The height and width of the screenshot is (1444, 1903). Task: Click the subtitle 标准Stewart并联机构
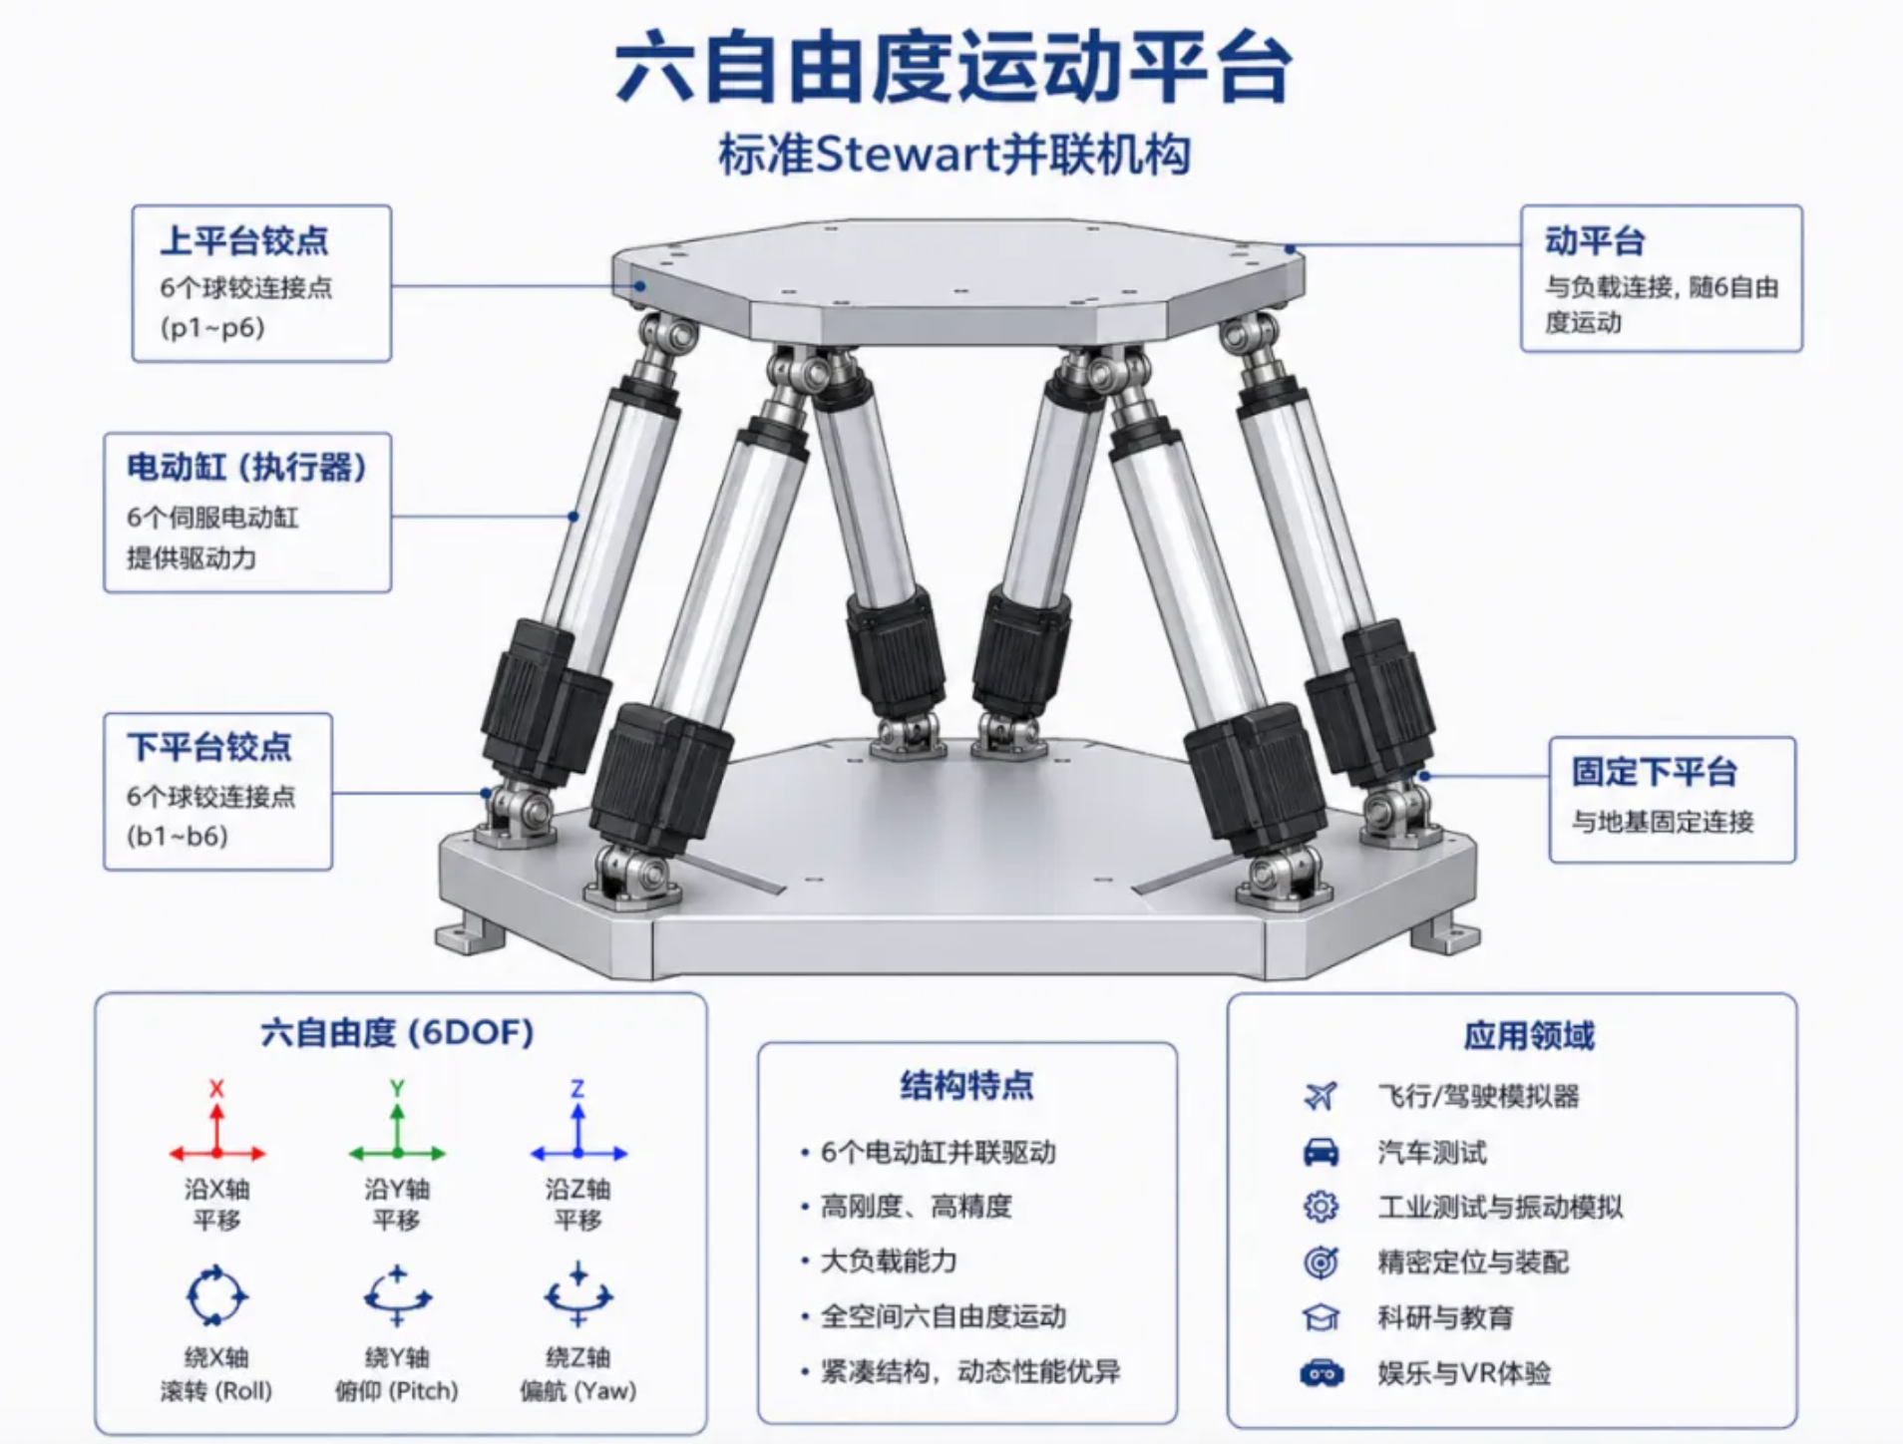[x=954, y=156]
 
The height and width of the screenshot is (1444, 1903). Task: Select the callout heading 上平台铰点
[x=244, y=240]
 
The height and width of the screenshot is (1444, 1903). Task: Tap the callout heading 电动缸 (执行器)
[x=246, y=467]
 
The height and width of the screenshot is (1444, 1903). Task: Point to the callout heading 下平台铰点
[x=209, y=747]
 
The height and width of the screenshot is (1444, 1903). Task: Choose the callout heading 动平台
[x=1595, y=240]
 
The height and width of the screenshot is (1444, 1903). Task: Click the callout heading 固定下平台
[x=1655, y=771]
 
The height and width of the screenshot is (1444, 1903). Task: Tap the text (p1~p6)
[x=212, y=328]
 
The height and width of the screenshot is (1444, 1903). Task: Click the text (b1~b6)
[x=178, y=836]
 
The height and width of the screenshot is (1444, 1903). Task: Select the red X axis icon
[x=217, y=1127]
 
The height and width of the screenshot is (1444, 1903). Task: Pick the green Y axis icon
[x=397, y=1127]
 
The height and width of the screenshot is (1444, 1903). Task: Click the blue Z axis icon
[x=578, y=1127]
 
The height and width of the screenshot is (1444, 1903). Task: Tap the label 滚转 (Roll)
[x=216, y=1390]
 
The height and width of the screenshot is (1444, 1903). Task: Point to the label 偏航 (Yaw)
[x=577, y=1390]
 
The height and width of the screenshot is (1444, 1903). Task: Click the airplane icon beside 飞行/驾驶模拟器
[x=1321, y=1096]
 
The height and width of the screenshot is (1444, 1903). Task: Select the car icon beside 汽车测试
[x=1322, y=1152]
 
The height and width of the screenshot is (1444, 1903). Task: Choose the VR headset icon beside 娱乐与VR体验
[x=1322, y=1373]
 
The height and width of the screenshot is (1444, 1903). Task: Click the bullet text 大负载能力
[x=888, y=1262]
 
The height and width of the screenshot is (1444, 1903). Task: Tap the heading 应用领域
[x=1529, y=1036]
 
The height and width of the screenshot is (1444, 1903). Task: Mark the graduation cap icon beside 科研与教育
[x=1322, y=1317]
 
